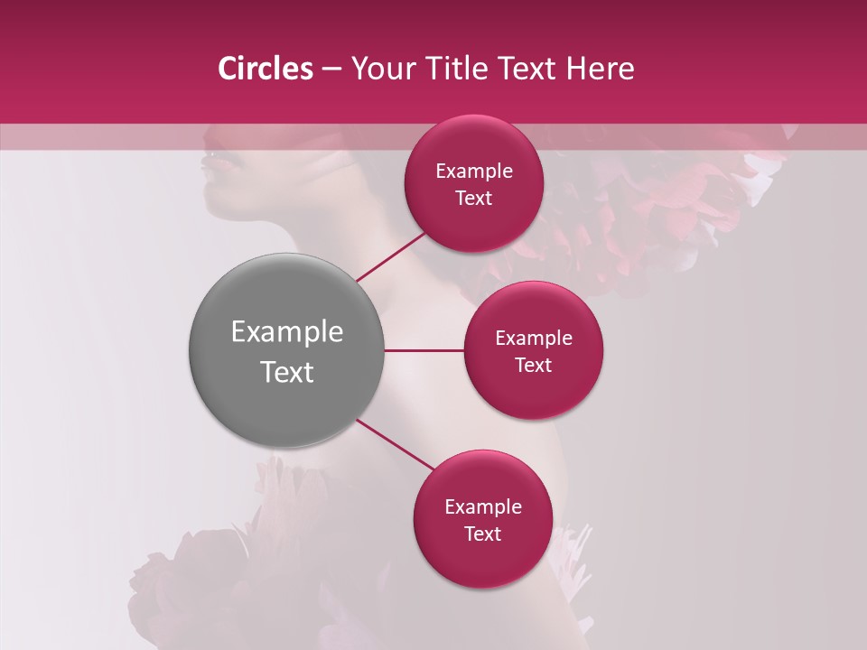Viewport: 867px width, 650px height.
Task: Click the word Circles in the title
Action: click(x=265, y=69)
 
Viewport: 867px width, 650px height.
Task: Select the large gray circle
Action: click(x=287, y=350)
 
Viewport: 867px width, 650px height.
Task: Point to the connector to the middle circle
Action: click(x=424, y=350)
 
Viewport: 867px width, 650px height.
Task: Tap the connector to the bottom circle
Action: click(x=394, y=444)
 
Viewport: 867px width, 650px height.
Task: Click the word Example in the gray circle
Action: click(x=287, y=332)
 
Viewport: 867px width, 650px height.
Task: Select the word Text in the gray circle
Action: click(x=287, y=372)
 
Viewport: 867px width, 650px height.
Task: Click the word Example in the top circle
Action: click(x=474, y=172)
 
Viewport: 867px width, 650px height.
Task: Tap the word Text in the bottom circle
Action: click(x=483, y=534)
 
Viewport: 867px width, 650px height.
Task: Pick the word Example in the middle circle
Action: click(x=534, y=339)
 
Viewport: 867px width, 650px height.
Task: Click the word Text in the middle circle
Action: click(x=534, y=366)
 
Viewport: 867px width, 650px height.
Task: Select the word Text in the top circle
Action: click(x=474, y=199)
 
